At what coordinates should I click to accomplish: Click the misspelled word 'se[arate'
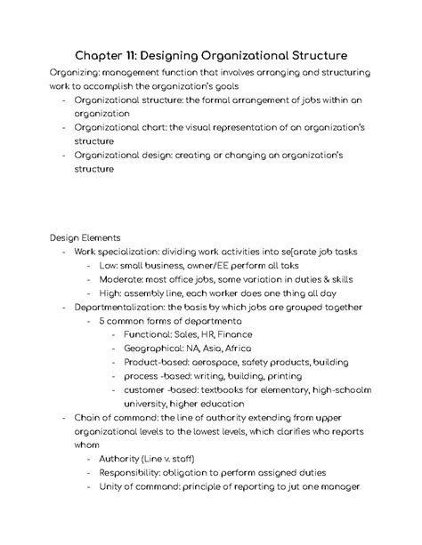(x=292, y=252)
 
